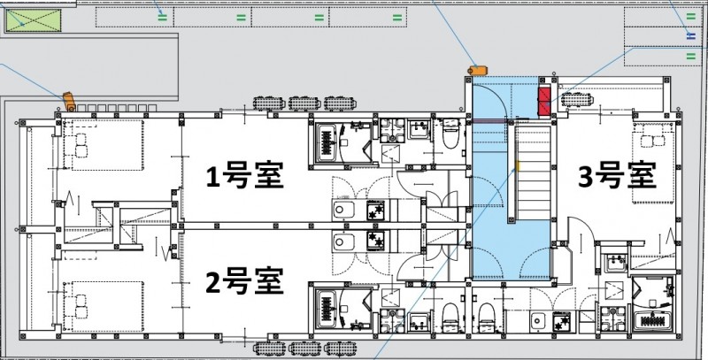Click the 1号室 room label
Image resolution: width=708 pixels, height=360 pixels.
pos(243,177)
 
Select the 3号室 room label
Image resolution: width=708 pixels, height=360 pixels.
pos(617,176)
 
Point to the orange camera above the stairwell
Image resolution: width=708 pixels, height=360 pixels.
pos(479,67)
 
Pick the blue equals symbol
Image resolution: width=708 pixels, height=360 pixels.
pos(691,34)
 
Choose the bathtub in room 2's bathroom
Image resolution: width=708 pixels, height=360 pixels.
pos(335,307)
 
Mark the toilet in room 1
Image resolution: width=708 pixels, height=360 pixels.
pos(450,134)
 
